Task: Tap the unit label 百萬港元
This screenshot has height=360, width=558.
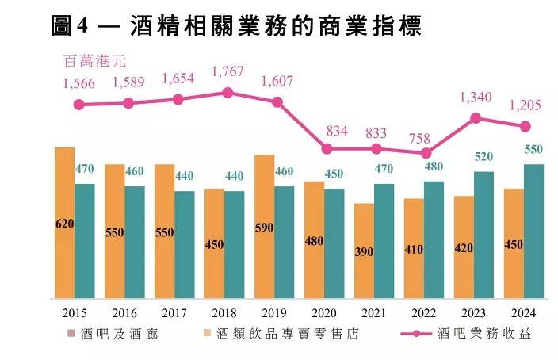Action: [94, 59]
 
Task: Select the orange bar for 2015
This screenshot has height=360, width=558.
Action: [64, 222]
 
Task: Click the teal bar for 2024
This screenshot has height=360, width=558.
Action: [534, 230]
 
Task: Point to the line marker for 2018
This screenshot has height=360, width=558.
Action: [227, 93]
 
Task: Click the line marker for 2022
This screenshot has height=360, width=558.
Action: [426, 153]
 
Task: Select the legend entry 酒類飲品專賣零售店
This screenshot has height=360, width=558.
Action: [281, 334]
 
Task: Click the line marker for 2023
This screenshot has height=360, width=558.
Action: [476, 118]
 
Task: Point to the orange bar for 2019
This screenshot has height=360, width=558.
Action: [265, 226]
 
